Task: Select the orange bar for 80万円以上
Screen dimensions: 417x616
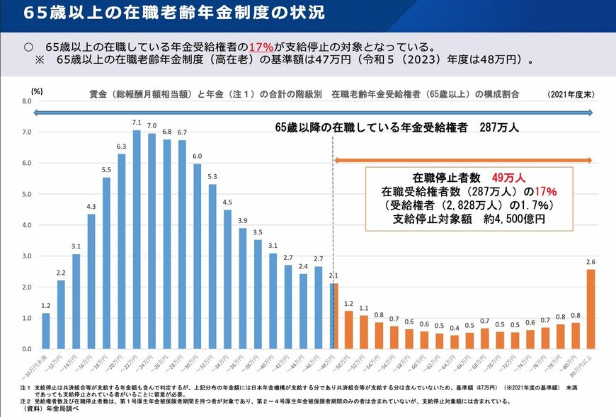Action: pos(591,309)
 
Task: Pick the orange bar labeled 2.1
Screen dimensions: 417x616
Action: pos(334,316)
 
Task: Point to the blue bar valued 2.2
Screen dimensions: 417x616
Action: pos(61,315)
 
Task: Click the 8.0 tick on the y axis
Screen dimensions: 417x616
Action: pos(27,101)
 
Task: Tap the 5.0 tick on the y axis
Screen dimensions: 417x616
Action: pos(27,195)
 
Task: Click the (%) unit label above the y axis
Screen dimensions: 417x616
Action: pos(37,91)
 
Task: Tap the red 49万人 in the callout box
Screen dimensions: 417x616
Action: pos(508,177)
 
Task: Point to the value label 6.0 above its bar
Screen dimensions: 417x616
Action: pos(197,156)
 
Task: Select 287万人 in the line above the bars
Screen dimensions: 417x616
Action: pos(499,128)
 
